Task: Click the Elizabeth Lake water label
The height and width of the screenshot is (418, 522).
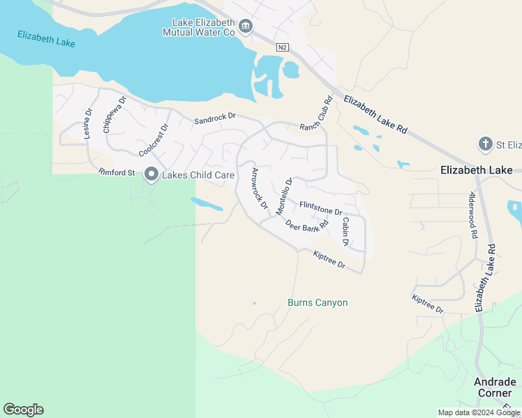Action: click(x=46, y=38)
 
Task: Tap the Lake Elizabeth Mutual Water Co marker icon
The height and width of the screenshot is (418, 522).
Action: click(x=246, y=27)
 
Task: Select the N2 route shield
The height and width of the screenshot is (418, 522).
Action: click(x=282, y=47)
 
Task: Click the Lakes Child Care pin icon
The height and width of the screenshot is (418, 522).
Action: click(x=151, y=175)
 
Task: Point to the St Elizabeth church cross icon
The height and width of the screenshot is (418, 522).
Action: click(x=486, y=144)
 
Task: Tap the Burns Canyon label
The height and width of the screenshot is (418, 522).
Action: click(x=318, y=303)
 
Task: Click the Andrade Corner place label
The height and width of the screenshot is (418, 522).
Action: click(x=495, y=387)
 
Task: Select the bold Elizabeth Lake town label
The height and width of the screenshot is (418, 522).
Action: click(x=477, y=169)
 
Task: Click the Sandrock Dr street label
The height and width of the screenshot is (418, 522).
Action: click(x=216, y=120)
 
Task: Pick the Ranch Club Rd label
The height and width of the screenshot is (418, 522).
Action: click(x=314, y=114)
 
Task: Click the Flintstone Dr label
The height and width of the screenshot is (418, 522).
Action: click(x=320, y=208)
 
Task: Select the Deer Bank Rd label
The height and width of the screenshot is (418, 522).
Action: click(x=307, y=224)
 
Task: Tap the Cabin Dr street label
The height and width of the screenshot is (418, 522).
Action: click(x=345, y=231)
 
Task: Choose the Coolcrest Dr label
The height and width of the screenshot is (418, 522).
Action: click(x=154, y=140)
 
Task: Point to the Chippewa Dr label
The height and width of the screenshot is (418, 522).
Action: click(x=114, y=114)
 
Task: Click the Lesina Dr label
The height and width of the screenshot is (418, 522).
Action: click(x=89, y=124)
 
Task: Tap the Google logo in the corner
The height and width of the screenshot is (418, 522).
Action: click(x=23, y=410)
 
